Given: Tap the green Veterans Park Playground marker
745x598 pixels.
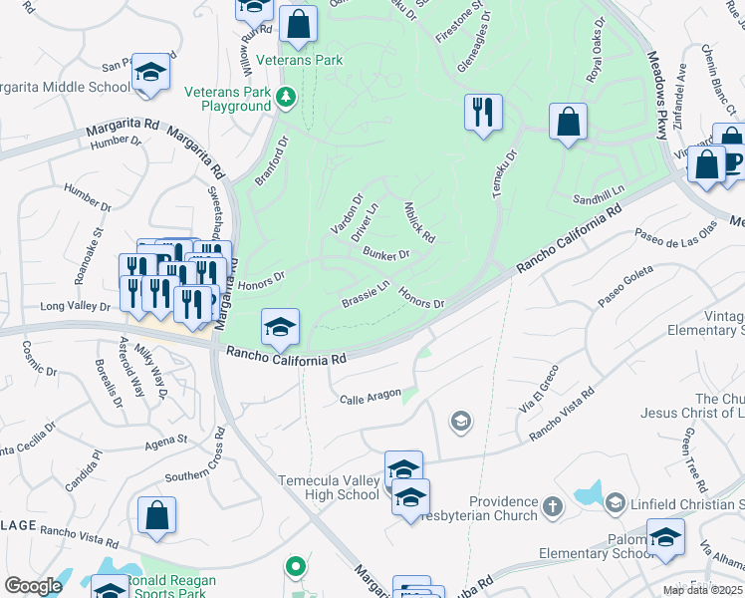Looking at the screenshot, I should (x=287, y=97).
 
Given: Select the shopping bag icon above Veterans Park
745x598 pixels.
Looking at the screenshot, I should (x=298, y=24).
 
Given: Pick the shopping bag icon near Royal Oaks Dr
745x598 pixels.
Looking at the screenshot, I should (x=568, y=124).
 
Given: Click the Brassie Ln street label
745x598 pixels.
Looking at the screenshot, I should (x=366, y=294).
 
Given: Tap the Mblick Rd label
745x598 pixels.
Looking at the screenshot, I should (x=420, y=223).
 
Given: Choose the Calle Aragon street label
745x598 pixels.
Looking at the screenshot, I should (x=369, y=399).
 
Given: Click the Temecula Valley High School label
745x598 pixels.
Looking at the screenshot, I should (x=329, y=487).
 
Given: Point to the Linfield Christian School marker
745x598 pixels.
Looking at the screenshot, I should (x=615, y=502).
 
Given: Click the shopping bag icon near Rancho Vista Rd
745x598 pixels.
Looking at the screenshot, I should (x=157, y=516).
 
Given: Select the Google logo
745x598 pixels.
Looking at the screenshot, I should (x=33, y=586).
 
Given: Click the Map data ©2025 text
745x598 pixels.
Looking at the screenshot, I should (x=702, y=590).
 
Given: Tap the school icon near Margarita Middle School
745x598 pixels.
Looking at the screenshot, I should (x=150, y=73).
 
